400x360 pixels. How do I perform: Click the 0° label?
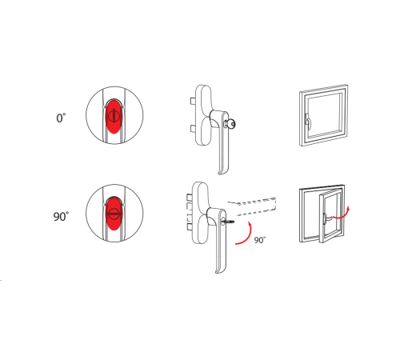61,118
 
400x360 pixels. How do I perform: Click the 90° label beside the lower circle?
61,216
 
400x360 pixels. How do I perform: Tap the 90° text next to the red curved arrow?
260,240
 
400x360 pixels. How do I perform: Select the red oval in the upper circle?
114,116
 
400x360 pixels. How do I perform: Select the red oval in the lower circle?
114,214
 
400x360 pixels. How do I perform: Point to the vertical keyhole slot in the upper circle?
114,115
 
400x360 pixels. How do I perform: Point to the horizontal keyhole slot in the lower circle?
114,214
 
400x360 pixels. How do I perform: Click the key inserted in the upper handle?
230,124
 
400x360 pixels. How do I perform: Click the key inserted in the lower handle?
228,222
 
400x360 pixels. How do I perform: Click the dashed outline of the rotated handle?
252,206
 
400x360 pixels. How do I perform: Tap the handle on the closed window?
308,122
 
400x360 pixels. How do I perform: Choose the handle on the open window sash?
326,218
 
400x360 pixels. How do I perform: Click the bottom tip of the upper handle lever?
219,174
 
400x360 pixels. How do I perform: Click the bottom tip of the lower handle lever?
217,273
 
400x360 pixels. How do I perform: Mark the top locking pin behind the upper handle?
193,101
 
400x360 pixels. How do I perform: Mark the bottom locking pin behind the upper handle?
193,129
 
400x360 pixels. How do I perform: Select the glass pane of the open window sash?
331,215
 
